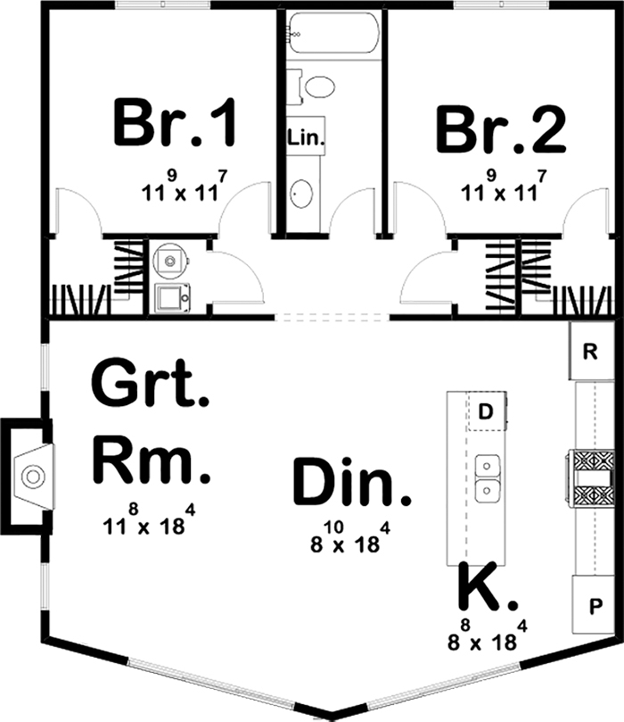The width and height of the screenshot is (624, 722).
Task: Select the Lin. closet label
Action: click(x=306, y=137)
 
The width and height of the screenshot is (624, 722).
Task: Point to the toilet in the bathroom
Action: click(x=314, y=87)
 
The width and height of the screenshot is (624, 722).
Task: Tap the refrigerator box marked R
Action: click(x=589, y=350)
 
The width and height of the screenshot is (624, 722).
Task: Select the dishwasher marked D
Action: click(x=486, y=411)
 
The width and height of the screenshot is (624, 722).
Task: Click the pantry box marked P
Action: click(x=592, y=603)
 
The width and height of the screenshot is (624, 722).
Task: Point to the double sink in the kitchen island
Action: click(x=487, y=477)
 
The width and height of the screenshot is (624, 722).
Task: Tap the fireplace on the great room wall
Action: click(x=30, y=476)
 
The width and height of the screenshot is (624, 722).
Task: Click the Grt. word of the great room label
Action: click(x=150, y=386)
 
